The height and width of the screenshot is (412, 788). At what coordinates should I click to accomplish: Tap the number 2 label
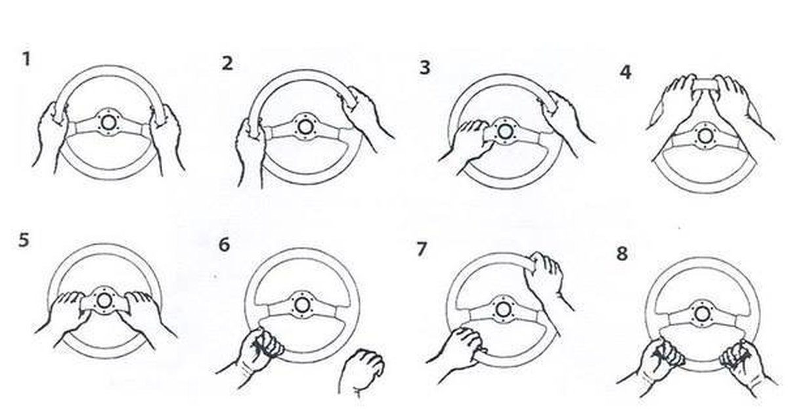tap(227, 64)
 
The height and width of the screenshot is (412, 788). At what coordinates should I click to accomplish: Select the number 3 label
tap(425, 68)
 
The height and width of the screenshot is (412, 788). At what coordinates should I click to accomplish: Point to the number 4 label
tap(625, 72)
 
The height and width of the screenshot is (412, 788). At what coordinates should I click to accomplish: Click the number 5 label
tap(24, 241)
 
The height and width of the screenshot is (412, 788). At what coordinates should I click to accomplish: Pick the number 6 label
tap(224, 245)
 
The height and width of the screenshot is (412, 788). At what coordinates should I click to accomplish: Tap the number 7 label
tap(422, 249)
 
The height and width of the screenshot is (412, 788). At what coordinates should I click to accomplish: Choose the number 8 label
tap(622, 253)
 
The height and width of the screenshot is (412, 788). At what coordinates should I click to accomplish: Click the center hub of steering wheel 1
tap(108, 122)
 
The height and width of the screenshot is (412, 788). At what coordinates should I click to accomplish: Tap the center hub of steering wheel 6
tap(302, 305)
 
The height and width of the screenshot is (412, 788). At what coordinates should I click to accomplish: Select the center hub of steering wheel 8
tap(702, 314)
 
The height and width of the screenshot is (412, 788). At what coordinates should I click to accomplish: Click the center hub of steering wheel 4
tap(705, 136)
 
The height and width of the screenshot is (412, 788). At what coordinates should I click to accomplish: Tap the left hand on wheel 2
tap(250, 151)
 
